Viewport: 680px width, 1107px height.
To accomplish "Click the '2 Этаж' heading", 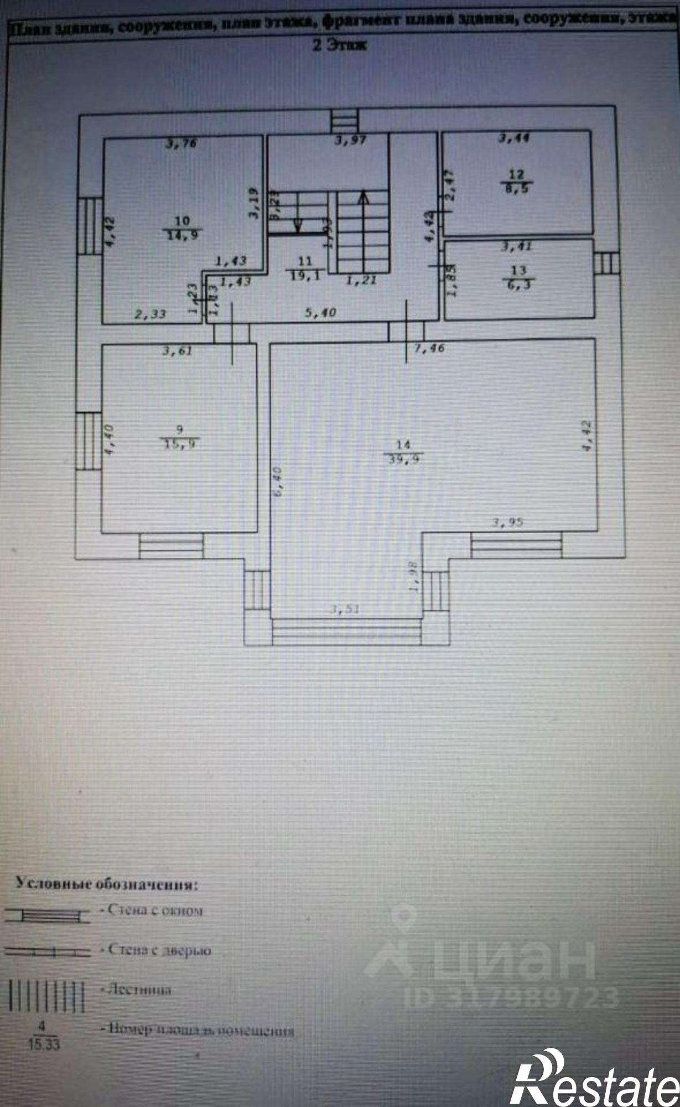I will (x=340, y=45).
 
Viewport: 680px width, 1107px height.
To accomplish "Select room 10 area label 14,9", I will (x=183, y=234).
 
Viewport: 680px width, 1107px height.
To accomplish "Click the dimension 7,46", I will (x=429, y=348).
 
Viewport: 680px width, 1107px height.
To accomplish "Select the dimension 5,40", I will (x=321, y=313).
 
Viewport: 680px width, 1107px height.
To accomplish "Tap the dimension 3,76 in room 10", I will (x=182, y=144).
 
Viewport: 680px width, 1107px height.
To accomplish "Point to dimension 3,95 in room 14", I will (x=508, y=522).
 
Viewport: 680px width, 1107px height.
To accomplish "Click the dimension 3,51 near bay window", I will (x=345, y=609).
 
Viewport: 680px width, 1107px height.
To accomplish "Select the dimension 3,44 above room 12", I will (x=513, y=138).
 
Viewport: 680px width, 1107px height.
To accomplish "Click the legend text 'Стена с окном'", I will (x=152, y=910).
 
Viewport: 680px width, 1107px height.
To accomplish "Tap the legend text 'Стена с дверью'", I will (x=157, y=950).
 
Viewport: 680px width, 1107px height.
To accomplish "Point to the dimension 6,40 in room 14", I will (x=278, y=481).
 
